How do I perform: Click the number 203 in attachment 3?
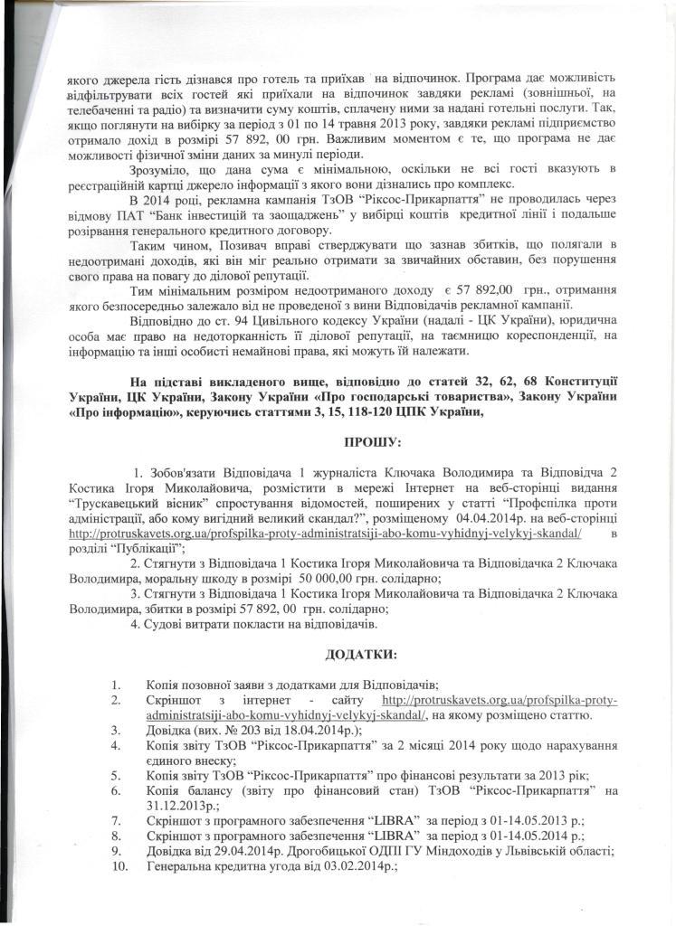[x=248, y=730]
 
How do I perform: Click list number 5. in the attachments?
[x=117, y=775]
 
